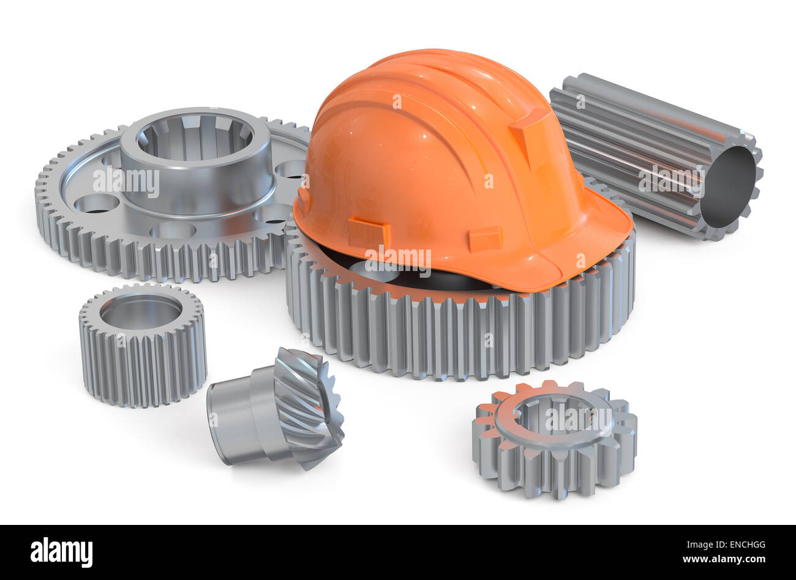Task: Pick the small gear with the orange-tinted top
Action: tap(554, 437)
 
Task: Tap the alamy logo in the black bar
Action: tap(61, 552)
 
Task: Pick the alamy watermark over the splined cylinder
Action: tap(670, 179)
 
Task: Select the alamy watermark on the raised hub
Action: tap(126, 181)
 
